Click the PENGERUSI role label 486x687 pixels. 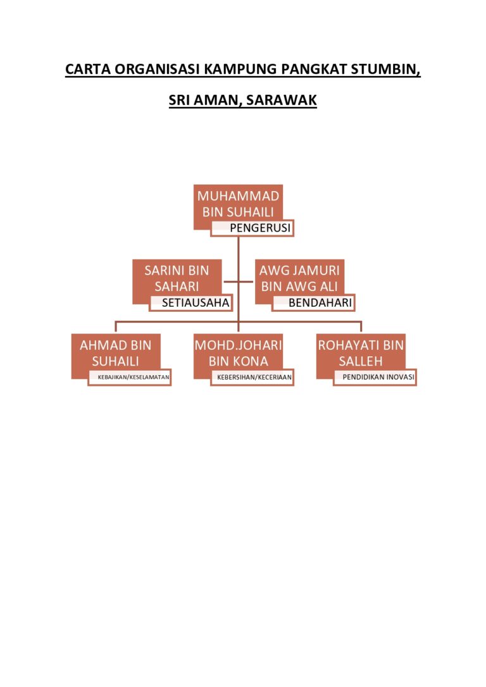coord(260,228)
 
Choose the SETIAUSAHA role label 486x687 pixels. coord(196,303)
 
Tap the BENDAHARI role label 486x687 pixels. coord(320,303)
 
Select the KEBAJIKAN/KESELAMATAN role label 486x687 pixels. coord(134,377)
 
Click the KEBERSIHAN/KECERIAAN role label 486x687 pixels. coord(254,377)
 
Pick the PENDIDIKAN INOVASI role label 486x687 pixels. coord(378,377)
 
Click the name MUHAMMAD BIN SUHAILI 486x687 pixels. coord(238,204)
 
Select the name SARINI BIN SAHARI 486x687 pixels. coord(177,278)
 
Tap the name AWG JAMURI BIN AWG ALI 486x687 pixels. coord(299,278)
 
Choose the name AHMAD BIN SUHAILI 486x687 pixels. coord(115,353)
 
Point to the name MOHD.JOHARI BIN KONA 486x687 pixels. coord(238,353)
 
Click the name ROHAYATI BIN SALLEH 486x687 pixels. coord(361,353)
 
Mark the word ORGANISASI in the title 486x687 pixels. coord(158,69)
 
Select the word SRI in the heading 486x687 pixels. coord(179,101)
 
